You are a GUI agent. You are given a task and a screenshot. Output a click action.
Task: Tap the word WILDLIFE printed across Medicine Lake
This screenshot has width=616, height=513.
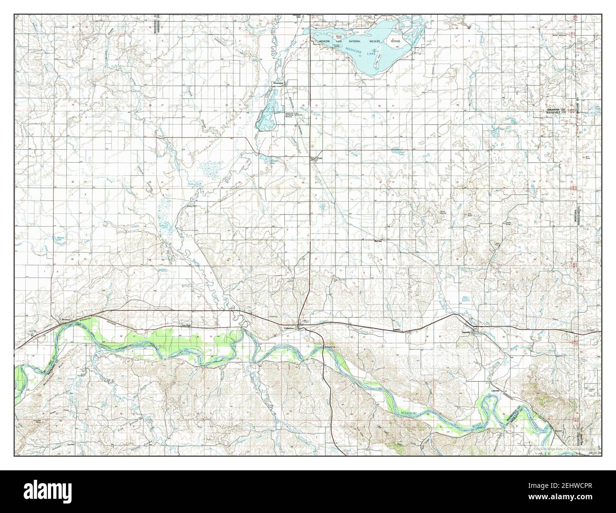(x=372, y=41)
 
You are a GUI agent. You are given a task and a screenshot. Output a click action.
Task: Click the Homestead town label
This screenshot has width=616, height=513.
(x=277, y=82)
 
